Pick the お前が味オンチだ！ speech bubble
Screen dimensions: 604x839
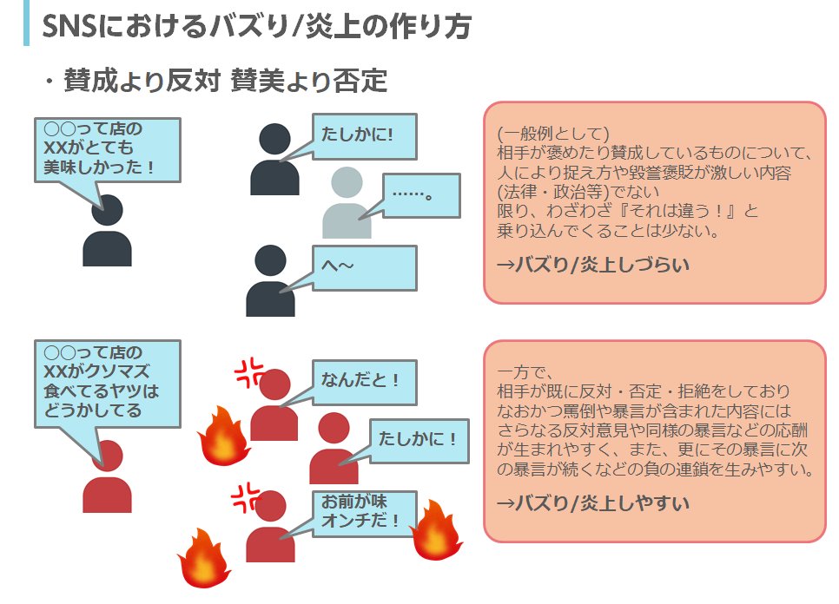pos(363,512)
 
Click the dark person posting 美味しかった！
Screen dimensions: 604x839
pos(107,232)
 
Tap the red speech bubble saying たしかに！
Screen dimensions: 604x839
pos(418,440)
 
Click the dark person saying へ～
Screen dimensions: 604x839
pos(270,282)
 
